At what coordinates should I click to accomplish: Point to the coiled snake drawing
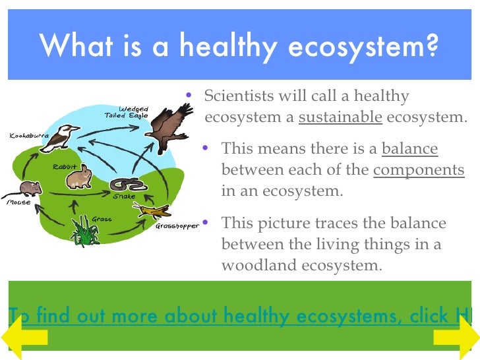(x=123, y=184)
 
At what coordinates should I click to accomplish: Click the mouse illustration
(x=30, y=189)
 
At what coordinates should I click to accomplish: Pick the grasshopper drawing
(x=152, y=211)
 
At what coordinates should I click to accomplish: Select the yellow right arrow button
(x=455, y=338)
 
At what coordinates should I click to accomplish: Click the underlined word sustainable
(x=340, y=118)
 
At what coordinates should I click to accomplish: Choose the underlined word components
(x=419, y=169)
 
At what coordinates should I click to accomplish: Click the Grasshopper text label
(x=177, y=226)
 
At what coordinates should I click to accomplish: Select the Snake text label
(x=123, y=196)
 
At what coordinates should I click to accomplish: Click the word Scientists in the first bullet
(x=239, y=96)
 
